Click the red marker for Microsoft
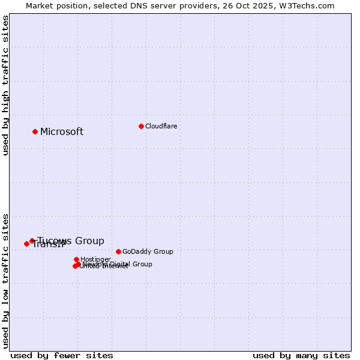pyautogui.click(x=35, y=131)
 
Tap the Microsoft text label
pyautogui.click(x=62, y=132)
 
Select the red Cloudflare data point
pyautogui.click(x=141, y=126)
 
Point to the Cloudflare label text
pyautogui.click(x=161, y=126)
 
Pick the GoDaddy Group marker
pyautogui.click(x=118, y=251)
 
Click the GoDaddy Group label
pyautogui.click(x=148, y=251)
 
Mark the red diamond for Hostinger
pyautogui.click(x=76, y=259)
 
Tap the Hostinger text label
pyautogui.click(x=96, y=259)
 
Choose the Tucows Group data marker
pyautogui.click(x=32, y=241)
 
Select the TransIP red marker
pyautogui.click(x=26, y=244)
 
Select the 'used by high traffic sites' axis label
pyautogui.click(x=5, y=85)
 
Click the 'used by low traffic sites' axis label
pyautogui.click(x=5, y=280)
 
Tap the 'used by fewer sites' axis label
pyautogui.click(x=62, y=355)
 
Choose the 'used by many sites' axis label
pyautogui.click(x=301, y=355)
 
